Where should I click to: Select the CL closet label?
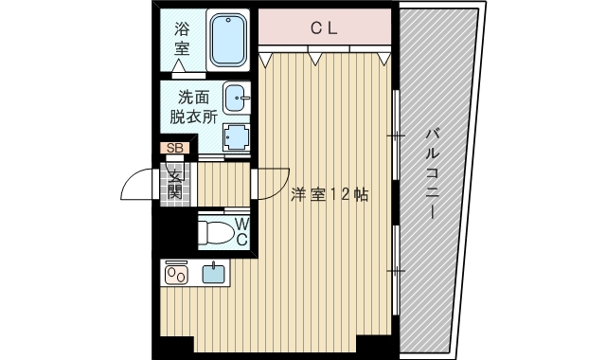[325, 28]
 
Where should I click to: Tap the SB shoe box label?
[175, 148]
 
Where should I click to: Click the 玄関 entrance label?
[175, 182]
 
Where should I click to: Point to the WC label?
[241, 231]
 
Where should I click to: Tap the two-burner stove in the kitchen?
[177, 274]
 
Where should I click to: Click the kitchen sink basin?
[214, 274]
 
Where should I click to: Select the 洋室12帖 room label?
[330, 195]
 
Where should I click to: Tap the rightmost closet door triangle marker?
[383, 60]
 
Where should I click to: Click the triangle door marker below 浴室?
[178, 65]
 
